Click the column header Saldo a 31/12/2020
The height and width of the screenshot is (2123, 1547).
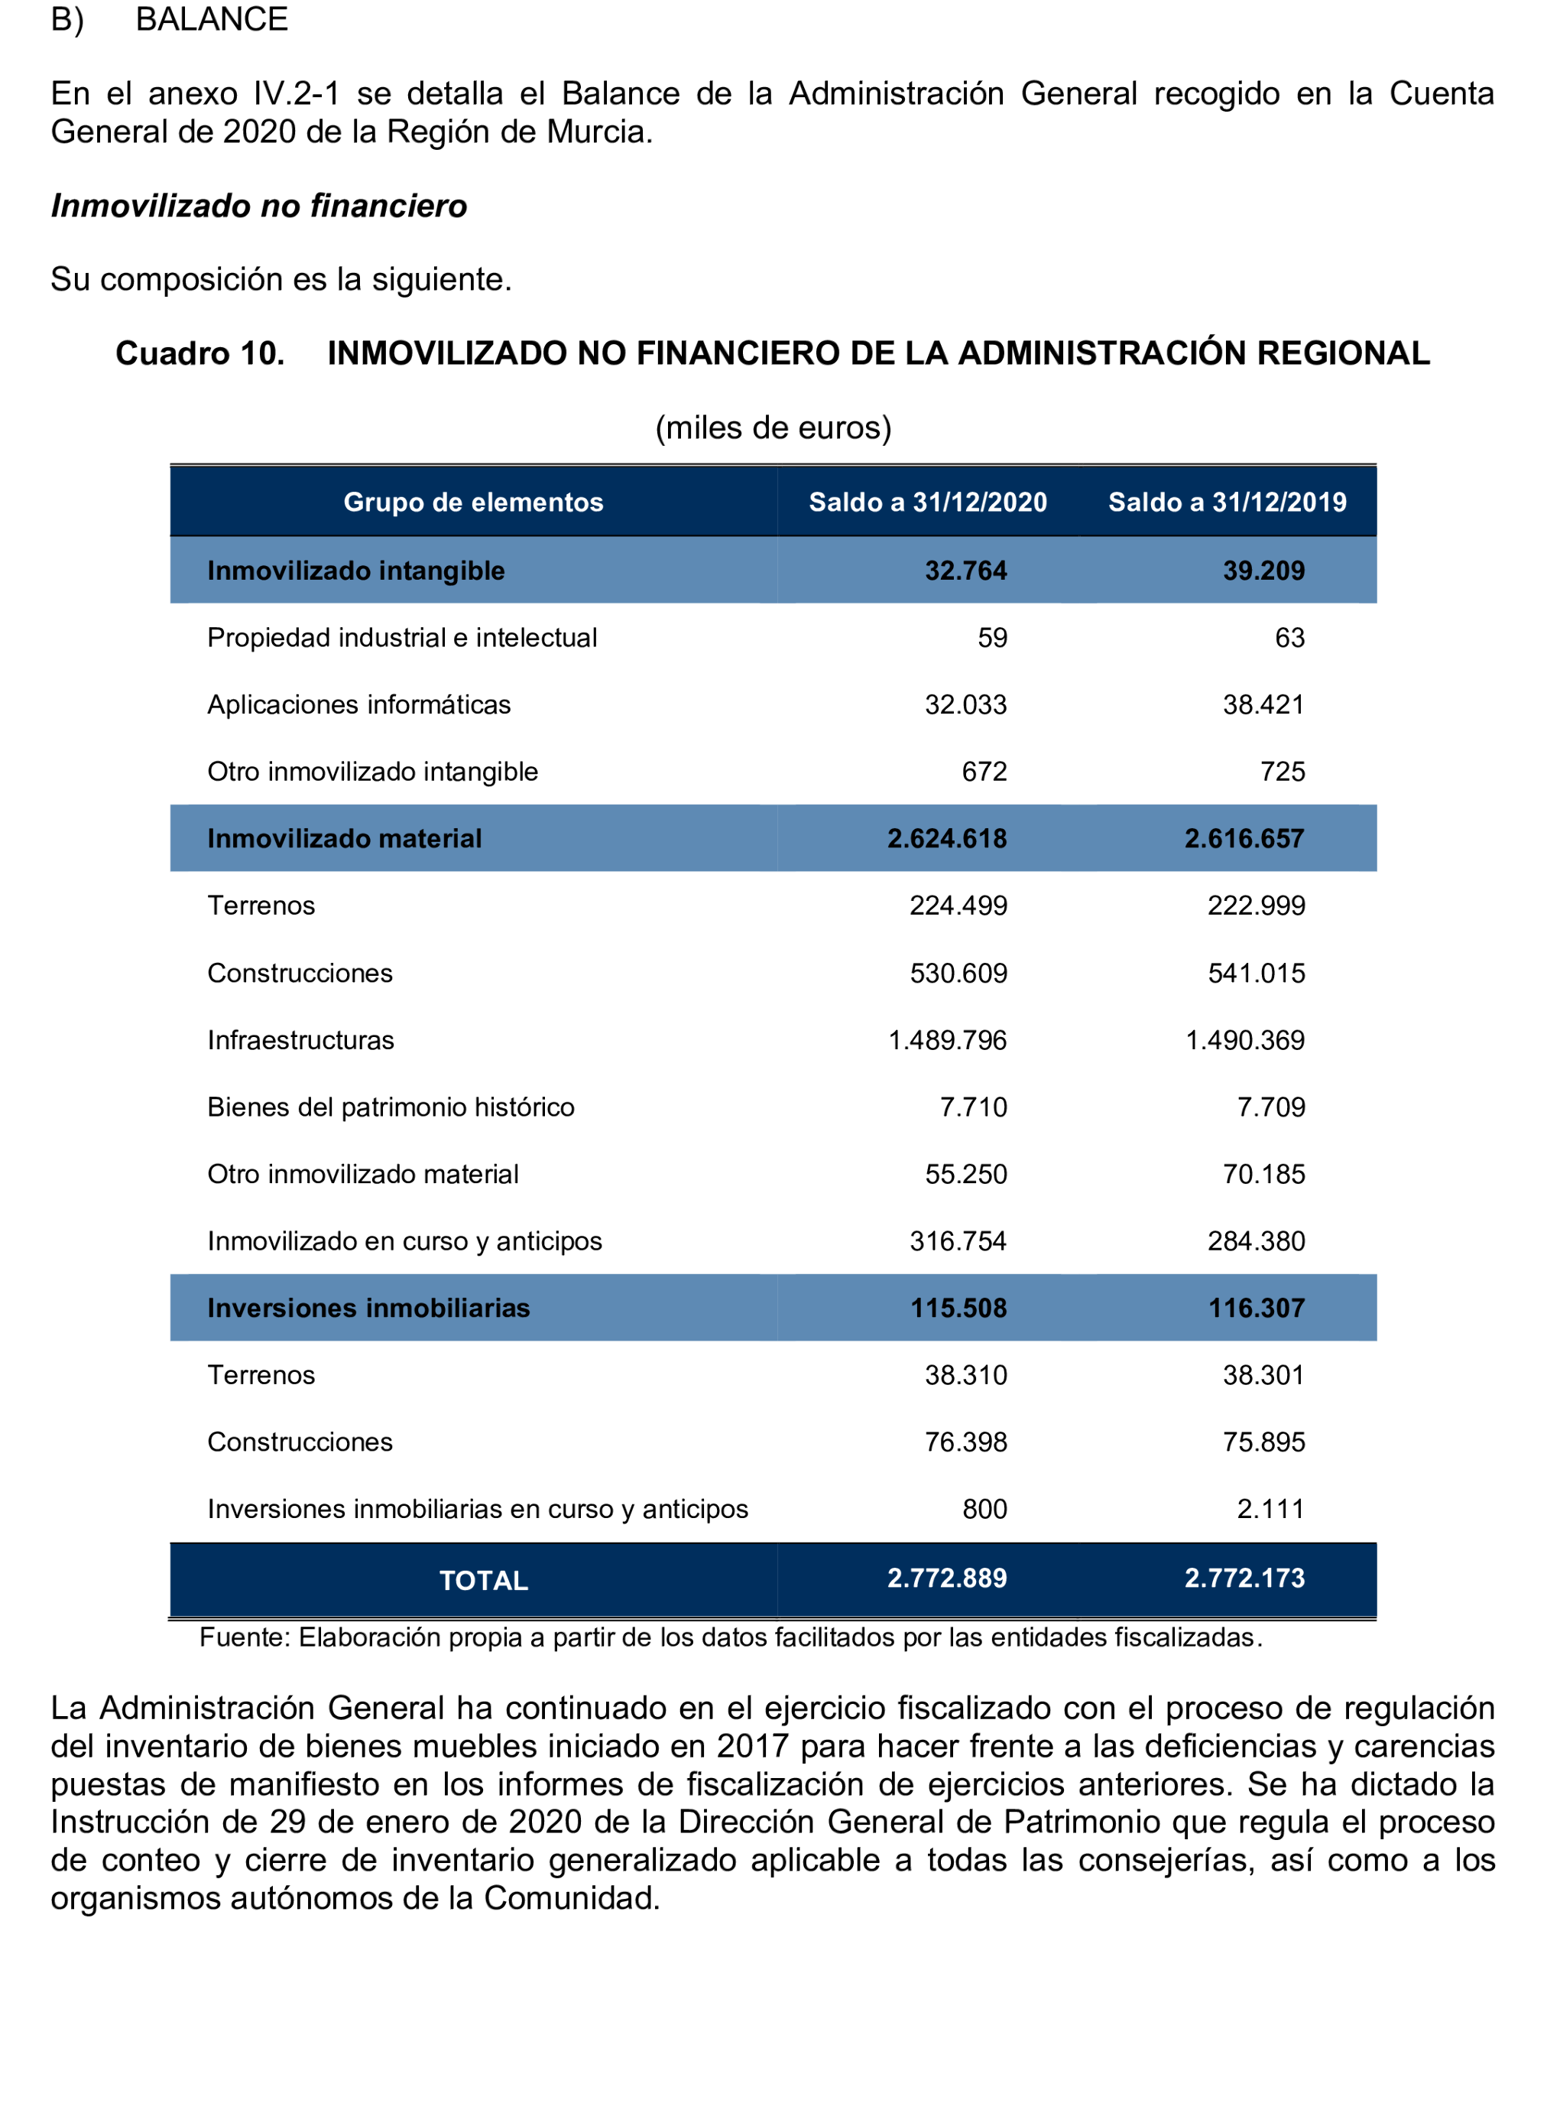coord(927,502)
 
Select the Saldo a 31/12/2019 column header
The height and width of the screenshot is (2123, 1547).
coord(1227,502)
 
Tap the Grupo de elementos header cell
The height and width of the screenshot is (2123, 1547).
coord(473,502)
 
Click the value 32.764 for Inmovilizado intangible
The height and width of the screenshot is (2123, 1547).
coord(965,571)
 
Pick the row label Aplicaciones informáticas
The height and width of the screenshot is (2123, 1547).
coord(358,704)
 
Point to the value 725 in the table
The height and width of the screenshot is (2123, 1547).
coord(1282,772)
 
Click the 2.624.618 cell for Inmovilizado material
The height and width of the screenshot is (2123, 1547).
coord(947,838)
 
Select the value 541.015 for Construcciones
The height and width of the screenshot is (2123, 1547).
coord(1256,974)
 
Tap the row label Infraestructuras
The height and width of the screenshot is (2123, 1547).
coord(300,1040)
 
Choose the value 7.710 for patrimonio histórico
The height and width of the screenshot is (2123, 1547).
coord(973,1107)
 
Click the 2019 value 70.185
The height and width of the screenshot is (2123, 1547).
coord(1263,1174)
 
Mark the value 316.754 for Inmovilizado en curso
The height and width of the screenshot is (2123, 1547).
coord(958,1241)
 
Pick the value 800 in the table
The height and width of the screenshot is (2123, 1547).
coord(984,1510)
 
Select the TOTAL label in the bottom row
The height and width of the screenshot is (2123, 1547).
coord(483,1582)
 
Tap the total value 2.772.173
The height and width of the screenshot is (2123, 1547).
coord(1244,1578)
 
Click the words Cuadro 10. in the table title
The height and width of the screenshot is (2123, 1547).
coord(199,353)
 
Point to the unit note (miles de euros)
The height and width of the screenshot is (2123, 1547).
coord(773,428)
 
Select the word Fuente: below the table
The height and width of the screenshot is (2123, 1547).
coord(245,1637)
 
